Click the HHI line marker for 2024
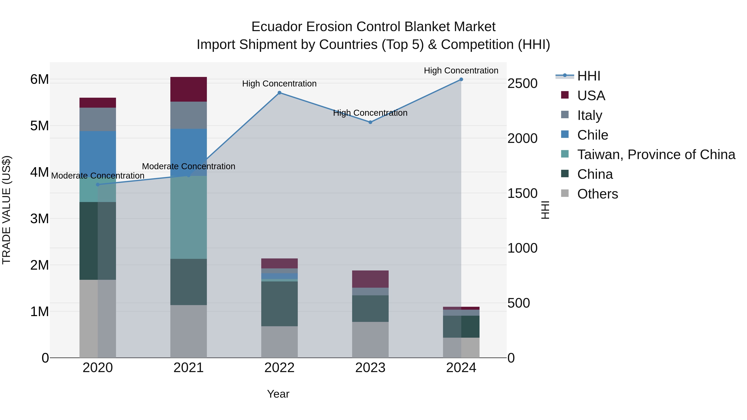tap(461, 79)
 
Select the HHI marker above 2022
tap(279, 93)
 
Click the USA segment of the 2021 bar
tap(188, 89)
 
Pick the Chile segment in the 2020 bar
tap(98, 151)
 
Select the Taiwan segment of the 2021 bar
tap(188, 217)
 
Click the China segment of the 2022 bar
tap(279, 304)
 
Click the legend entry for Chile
tap(592, 135)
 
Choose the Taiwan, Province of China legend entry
tap(656, 155)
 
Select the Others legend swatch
tap(565, 193)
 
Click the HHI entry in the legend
tap(588, 76)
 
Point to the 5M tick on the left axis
tap(39, 126)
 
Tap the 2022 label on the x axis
tap(279, 368)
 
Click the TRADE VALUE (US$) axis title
tap(6, 210)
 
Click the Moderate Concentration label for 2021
tap(188, 166)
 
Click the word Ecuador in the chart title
tap(277, 27)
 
